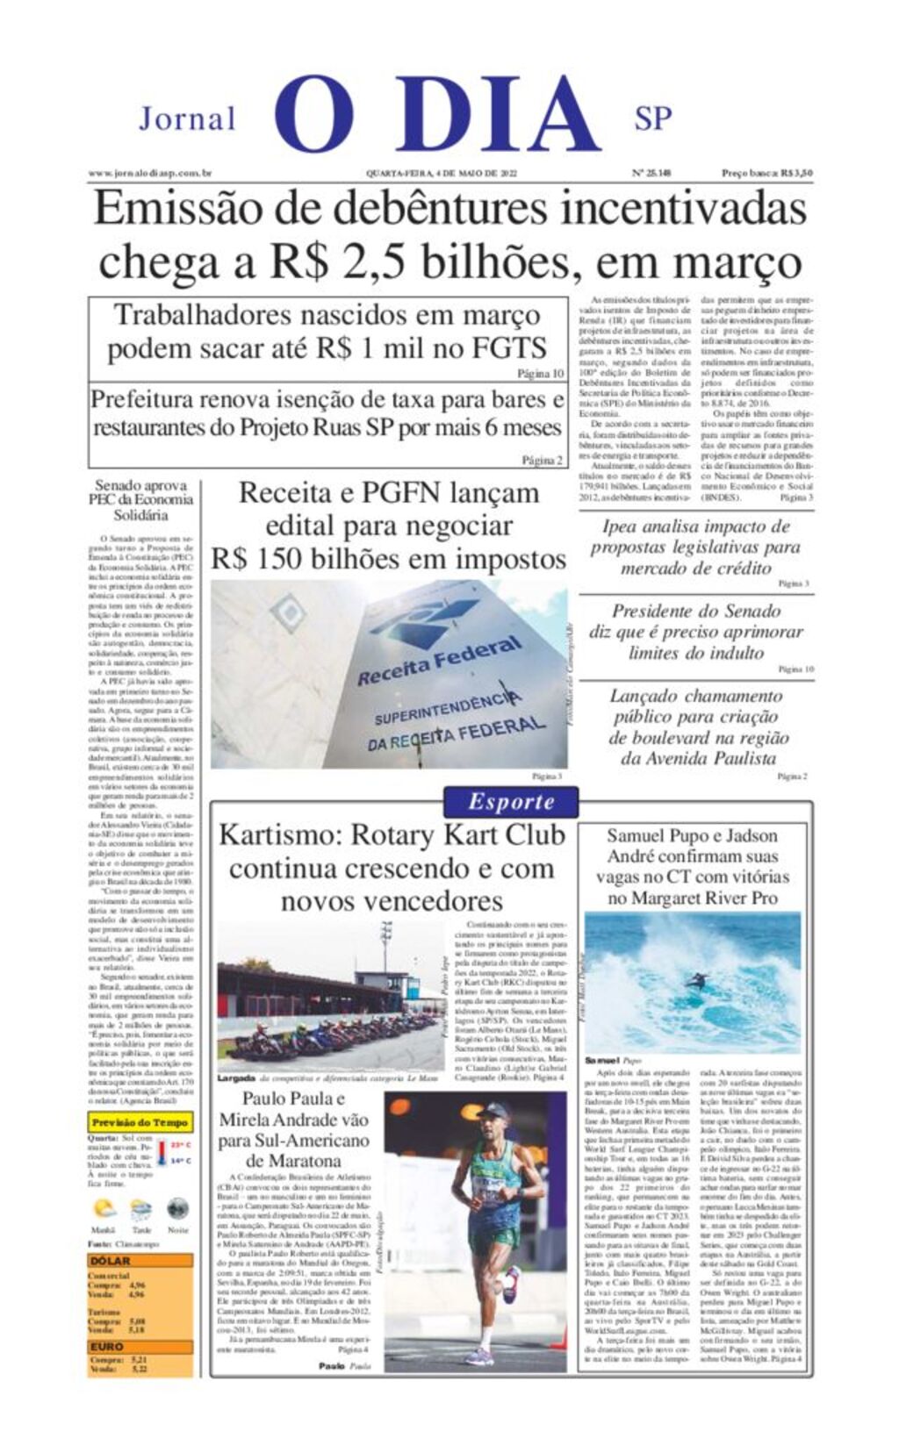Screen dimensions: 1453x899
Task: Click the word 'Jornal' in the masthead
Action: [187, 118]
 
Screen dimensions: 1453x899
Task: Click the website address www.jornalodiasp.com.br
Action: [150, 174]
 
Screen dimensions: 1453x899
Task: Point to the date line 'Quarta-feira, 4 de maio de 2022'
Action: [442, 174]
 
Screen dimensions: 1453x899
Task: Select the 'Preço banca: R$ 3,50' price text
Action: [766, 174]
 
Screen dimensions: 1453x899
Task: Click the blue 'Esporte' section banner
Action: [511, 801]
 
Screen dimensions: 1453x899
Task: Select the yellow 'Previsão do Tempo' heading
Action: [140, 1122]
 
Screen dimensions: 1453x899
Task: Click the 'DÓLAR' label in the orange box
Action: [110, 1261]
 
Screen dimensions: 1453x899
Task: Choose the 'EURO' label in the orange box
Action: [106, 1346]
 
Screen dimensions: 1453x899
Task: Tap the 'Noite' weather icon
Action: [177, 1208]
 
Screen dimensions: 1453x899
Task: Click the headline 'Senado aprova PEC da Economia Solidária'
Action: [140, 499]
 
